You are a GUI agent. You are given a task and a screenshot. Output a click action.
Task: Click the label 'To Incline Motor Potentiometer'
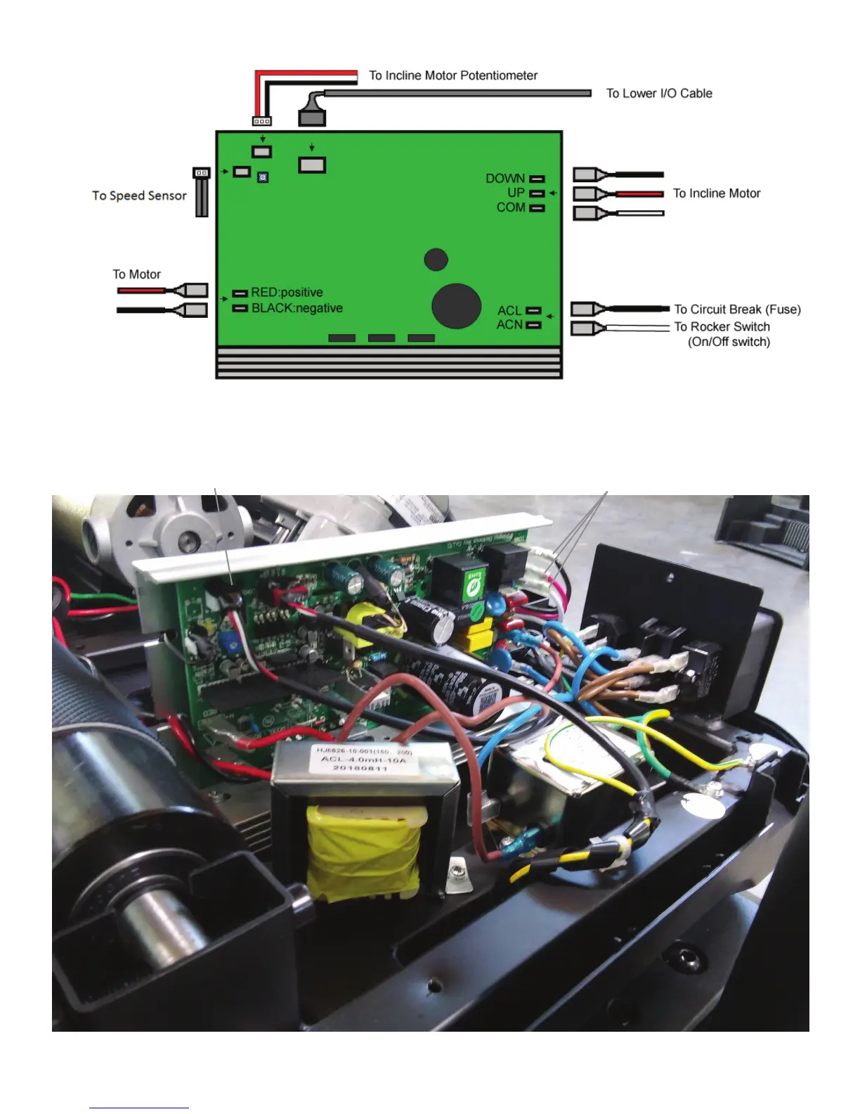pyautogui.click(x=453, y=75)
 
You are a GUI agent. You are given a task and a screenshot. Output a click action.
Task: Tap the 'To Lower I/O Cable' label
pyautogui.click(x=659, y=94)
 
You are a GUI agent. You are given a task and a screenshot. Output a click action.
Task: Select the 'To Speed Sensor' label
pyautogui.click(x=139, y=196)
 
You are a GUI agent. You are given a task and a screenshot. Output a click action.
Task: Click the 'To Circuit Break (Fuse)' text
pyautogui.click(x=737, y=309)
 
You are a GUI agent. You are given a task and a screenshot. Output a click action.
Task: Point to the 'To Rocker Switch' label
pyautogui.click(x=722, y=326)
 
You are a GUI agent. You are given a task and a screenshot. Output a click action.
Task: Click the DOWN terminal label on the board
pyautogui.click(x=505, y=179)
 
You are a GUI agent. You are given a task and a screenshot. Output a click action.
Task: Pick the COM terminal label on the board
pyautogui.click(x=511, y=207)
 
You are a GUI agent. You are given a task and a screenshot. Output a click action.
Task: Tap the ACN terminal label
pyautogui.click(x=509, y=325)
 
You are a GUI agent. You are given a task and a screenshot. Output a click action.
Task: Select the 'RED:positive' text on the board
pyautogui.click(x=287, y=293)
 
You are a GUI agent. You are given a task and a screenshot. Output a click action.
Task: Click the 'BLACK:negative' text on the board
pyautogui.click(x=297, y=308)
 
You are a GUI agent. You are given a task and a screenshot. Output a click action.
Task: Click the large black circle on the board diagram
pyautogui.click(x=456, y=306)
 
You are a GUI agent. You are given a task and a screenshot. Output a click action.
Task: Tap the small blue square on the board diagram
pyautogui.click(x=263, y=178)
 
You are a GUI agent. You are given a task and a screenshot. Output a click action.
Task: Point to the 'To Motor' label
pyautogui.click(x=137, y=274)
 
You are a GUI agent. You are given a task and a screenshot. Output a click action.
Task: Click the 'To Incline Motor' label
pyautogui.click(x=717, y=193)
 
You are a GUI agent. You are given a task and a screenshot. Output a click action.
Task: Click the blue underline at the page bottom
pyautogui.click(x=139, y=1108)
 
